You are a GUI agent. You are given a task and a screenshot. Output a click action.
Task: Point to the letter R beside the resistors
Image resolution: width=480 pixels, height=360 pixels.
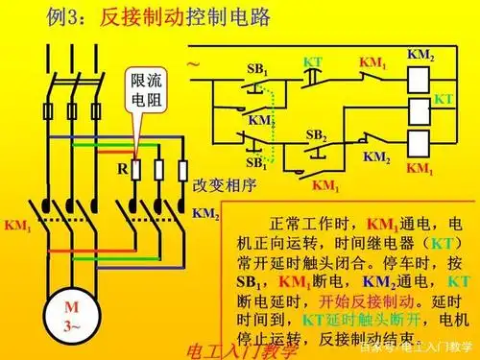point(122,167)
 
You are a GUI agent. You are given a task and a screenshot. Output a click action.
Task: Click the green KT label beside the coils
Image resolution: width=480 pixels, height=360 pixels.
point(443,99)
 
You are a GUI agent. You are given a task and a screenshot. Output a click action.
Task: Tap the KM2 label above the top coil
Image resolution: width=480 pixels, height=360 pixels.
point(420,55)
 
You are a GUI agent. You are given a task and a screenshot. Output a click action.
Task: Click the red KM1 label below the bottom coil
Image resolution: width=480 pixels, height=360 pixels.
point(420,167)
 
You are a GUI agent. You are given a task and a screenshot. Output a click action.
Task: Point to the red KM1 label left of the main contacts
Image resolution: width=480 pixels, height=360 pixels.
point(17,228)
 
